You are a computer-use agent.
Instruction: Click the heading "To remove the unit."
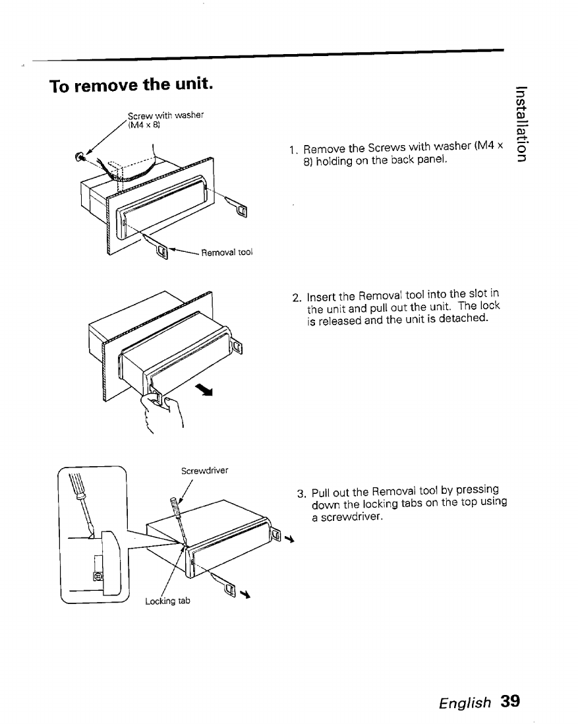pos(131,86)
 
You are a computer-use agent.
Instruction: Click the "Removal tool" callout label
pos(227,251)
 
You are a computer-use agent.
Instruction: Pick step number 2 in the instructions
pos(297,297)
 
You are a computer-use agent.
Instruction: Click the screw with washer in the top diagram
pos(80,156)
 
